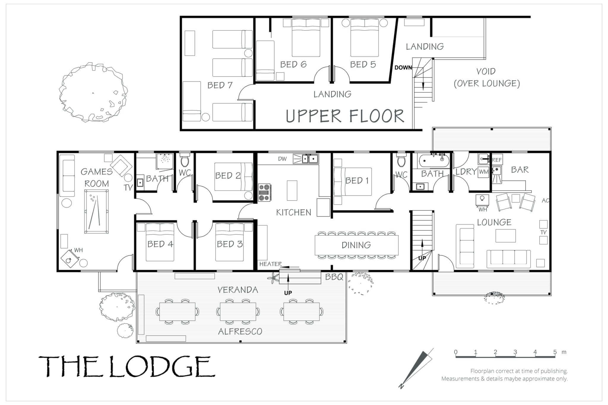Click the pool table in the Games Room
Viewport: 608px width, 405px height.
96,211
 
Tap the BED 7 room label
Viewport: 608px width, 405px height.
220,85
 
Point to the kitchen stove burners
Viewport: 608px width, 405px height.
265,193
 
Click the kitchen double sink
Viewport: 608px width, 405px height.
310,159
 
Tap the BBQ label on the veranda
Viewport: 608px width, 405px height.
334,277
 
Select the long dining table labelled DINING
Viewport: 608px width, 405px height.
357,245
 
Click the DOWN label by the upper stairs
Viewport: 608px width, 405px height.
403,68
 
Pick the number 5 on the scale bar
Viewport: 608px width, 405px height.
555,352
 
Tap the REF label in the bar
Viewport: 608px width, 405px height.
497,160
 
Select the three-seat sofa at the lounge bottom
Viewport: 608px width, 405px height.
509,257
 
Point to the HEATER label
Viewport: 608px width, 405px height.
270,264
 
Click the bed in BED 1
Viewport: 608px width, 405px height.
353,182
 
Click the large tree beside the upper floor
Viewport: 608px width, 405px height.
93,92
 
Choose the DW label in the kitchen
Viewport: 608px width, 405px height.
282,159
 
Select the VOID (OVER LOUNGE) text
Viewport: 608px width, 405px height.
487,77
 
